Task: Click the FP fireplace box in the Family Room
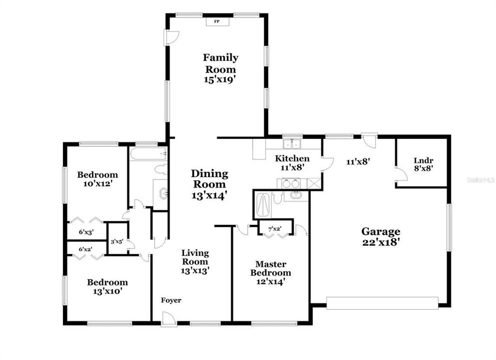point(217,21)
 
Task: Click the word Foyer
point(171,300)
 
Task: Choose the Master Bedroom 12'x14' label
point(270,272)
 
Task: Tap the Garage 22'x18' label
point(381,236)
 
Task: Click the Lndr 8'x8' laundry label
point(423,164)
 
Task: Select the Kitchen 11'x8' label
point(292,163)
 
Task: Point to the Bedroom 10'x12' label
point(98,179)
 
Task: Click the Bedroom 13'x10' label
point(107,286)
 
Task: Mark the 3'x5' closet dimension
point(117,241)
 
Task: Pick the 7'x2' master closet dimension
point(274,229)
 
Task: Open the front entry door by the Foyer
point(169,320)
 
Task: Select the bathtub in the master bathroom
point(263,206)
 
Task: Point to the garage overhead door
point(382,302)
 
